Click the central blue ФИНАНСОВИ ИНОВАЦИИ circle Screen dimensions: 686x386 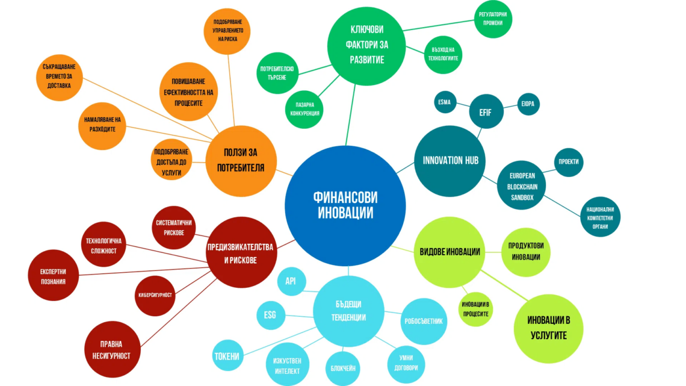tap(345, 206)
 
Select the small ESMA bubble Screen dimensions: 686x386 tap(445, 102)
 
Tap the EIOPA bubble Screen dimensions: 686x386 tap(528, 104)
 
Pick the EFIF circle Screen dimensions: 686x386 tap(486, 111)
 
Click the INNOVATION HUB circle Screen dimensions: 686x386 tap(450, 161)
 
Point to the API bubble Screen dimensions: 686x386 tap(291, 281)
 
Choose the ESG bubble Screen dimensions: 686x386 tap(270, 315)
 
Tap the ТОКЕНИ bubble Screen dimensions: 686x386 tap(227, 355)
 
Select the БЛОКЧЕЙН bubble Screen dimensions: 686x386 tap(342, 369)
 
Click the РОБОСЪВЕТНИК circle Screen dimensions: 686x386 tap(424, 321)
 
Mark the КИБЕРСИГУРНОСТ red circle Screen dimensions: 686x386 tap(155, 296)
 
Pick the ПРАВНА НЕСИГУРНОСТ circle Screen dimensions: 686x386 tap(112, 350)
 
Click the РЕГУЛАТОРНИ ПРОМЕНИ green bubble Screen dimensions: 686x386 tap(493, 19)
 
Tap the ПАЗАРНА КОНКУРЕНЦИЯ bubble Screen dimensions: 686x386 tap(304, 110)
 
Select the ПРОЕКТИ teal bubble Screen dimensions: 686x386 tap(568, 162)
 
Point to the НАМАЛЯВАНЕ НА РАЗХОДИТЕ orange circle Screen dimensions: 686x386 tap(102, 126)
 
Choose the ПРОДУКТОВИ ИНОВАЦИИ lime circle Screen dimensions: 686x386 tap(525, 252)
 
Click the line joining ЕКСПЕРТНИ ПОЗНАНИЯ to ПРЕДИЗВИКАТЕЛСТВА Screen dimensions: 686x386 tap(143, 271)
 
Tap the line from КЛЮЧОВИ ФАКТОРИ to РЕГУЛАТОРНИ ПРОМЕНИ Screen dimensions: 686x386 tap(438, 25)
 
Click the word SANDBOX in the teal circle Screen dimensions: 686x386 tap(522, 198)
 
